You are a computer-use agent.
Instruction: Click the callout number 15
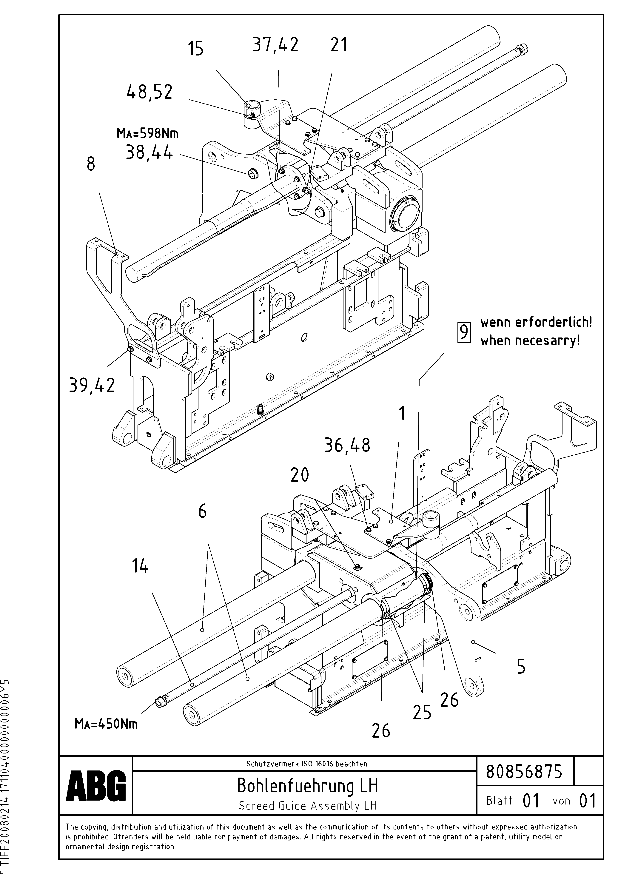tap(196, 49)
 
